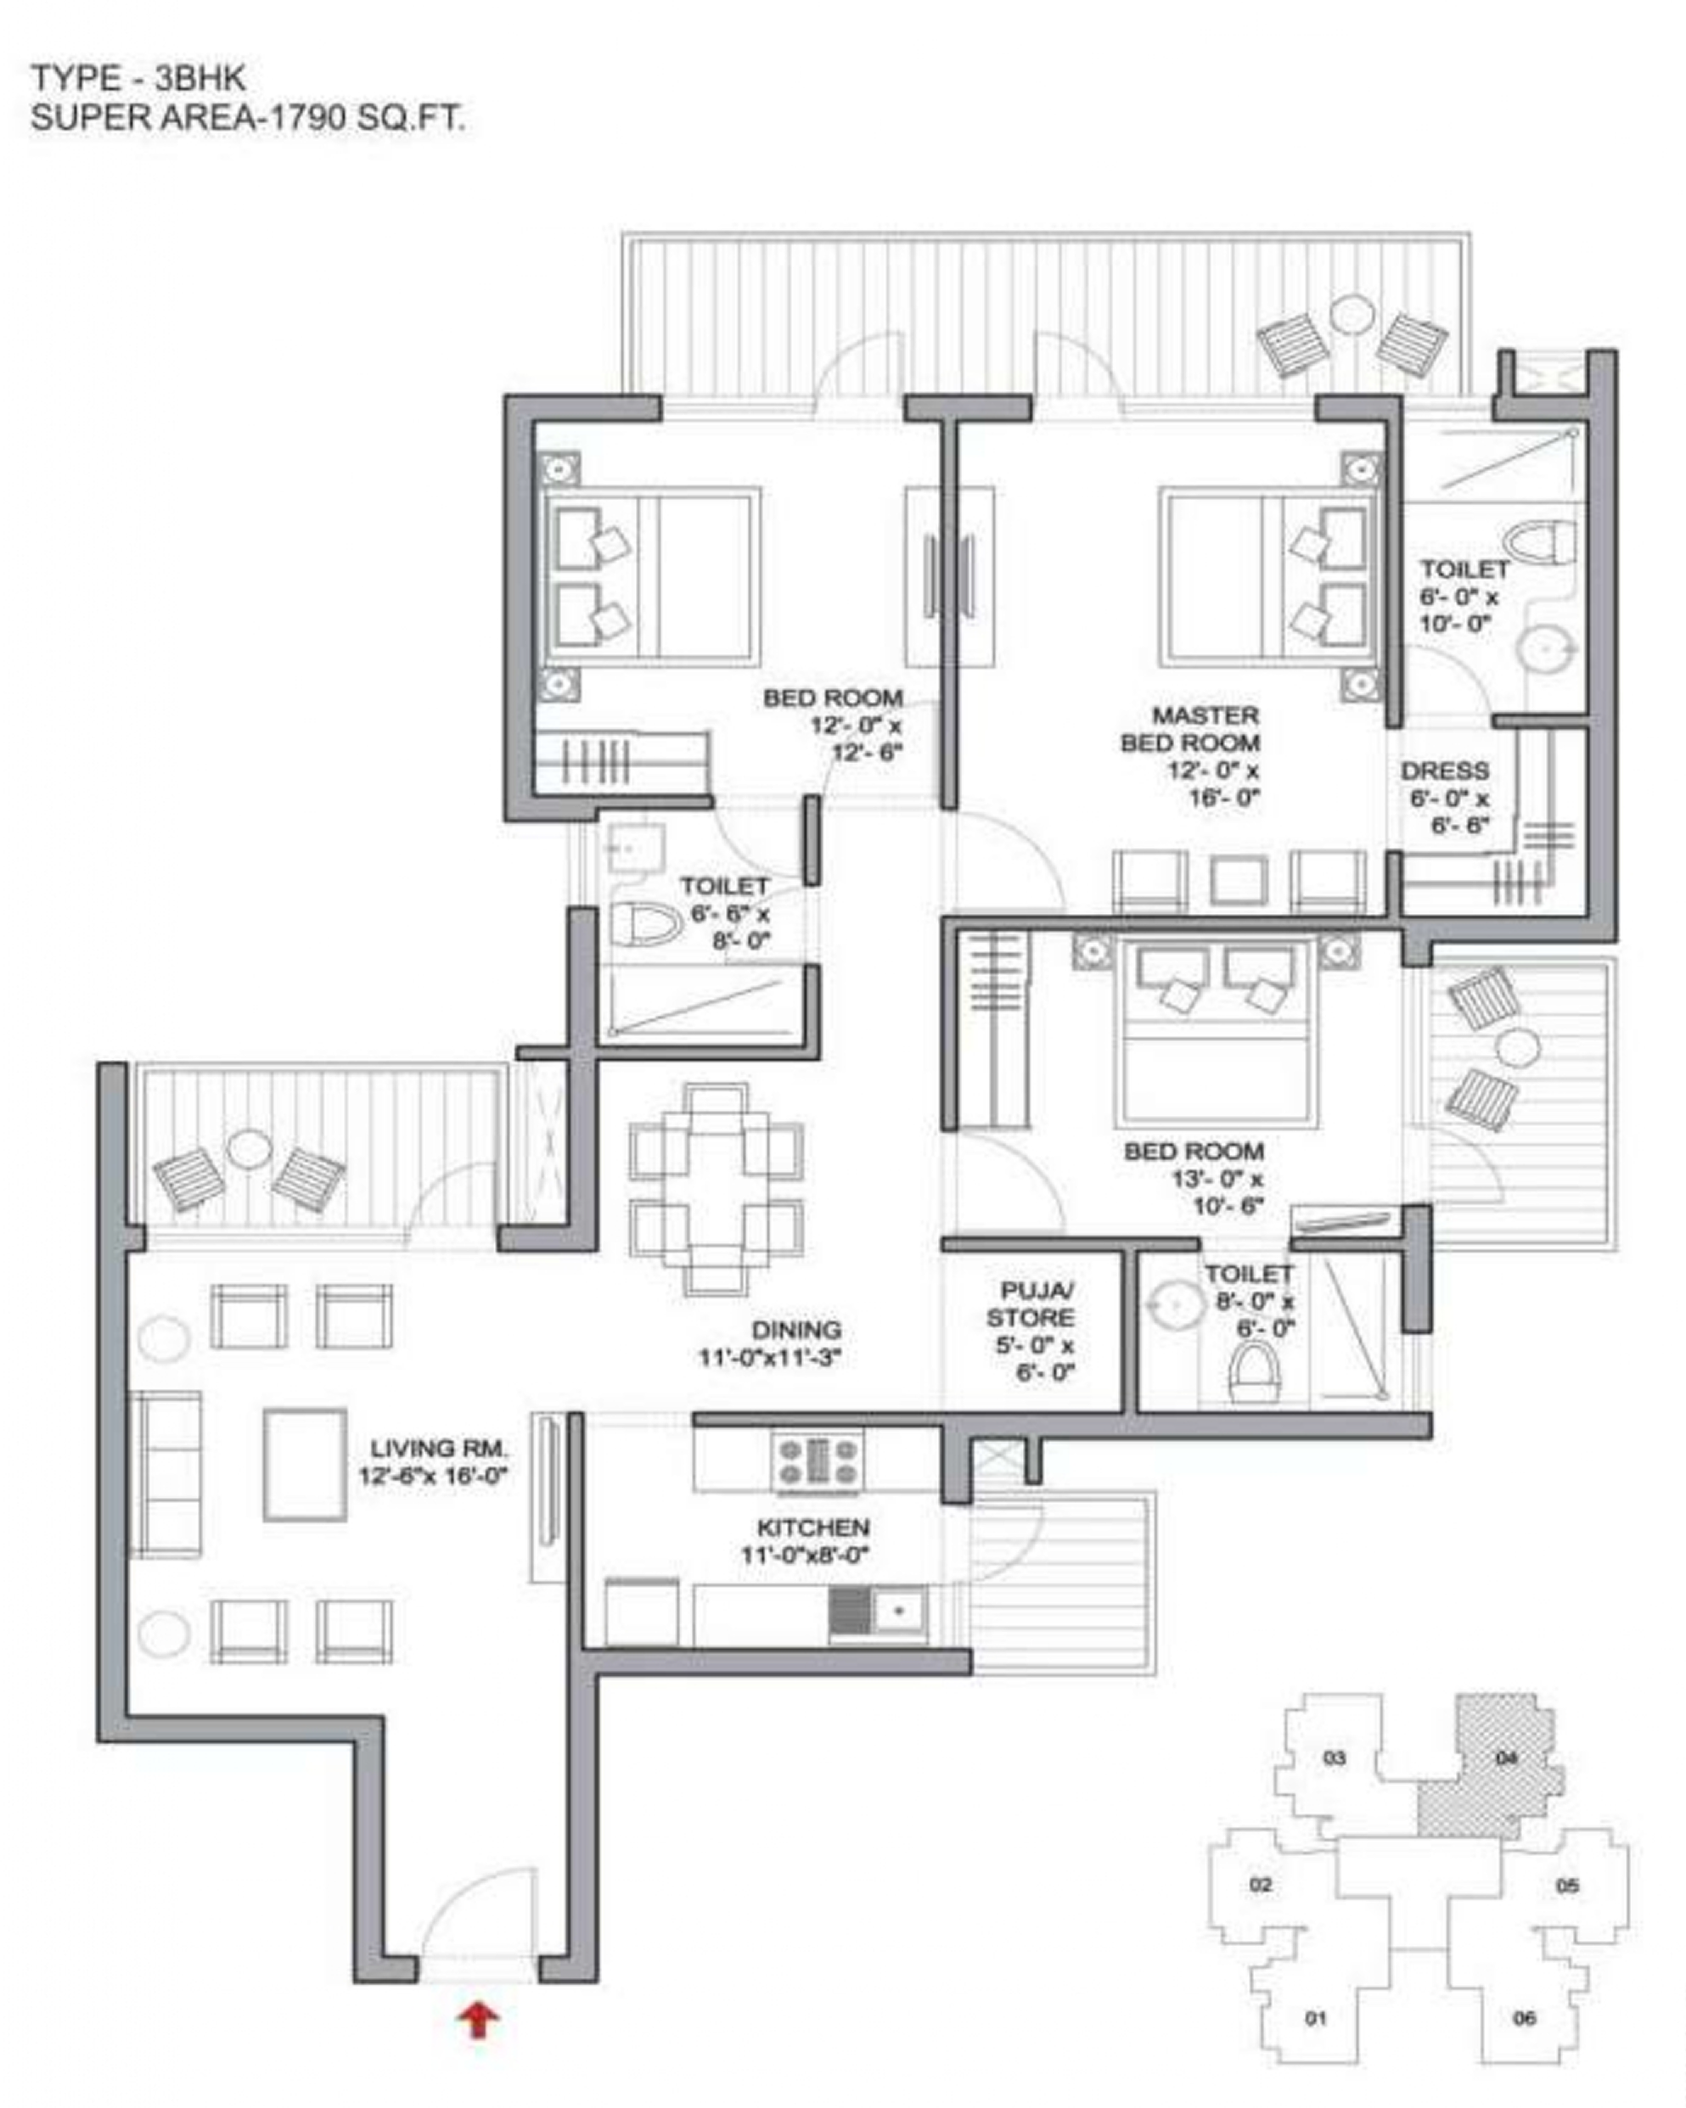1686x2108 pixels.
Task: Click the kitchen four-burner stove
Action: pyautogui.click(x=818, y=1461)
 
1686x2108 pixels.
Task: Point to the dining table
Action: pyautogui.click(x=717, y=1189)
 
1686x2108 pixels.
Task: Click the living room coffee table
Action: pyautogui.click(x=304, y=1464)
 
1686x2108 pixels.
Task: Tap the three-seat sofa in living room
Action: pyautogui.click(x=166, y=1473)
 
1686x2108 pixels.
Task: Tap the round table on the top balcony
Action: pyautogui.click(x=1352, y=315)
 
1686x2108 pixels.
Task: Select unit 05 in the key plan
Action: pyautogui.click(x=1565, y=1885)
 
